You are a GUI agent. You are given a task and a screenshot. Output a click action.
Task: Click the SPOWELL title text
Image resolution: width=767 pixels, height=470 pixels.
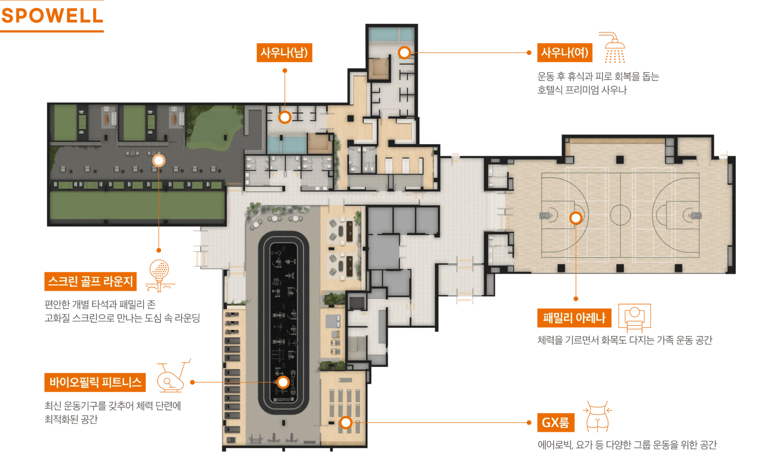[52, 16]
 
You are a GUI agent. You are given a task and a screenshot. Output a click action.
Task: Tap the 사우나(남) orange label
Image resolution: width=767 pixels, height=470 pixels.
[284, 52]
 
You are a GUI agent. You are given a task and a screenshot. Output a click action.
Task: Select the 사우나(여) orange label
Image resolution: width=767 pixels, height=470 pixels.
[565, 52]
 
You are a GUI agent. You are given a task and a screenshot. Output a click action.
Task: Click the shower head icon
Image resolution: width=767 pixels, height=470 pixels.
[613, 47]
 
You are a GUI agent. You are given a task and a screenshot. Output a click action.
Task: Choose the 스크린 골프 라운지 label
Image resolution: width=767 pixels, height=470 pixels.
[90, 281]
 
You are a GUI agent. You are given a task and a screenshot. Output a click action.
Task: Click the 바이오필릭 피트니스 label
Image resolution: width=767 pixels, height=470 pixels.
[95, 382]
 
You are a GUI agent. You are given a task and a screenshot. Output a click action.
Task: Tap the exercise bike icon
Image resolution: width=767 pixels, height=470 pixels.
[173, 376]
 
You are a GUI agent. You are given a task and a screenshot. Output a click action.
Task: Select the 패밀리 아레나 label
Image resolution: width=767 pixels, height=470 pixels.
[574, 318]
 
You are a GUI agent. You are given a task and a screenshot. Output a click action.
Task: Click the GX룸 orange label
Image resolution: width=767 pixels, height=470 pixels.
[556, 422]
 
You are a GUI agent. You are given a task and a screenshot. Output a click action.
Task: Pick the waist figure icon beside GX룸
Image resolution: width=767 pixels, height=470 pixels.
[597, 417]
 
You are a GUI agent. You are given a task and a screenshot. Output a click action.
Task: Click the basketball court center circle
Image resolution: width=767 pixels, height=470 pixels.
[620, 214]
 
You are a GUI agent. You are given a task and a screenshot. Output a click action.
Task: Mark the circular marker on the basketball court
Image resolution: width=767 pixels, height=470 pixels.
[576, 218]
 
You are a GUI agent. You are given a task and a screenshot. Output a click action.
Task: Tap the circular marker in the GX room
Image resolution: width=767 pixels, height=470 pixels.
[346, 422]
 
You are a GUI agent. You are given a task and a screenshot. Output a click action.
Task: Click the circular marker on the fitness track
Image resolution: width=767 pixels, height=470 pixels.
[283, 382]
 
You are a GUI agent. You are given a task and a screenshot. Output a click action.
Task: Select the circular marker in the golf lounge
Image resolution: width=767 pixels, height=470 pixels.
[159, 160]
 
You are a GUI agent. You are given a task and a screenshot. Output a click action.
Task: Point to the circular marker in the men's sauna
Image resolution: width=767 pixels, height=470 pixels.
[285, 117]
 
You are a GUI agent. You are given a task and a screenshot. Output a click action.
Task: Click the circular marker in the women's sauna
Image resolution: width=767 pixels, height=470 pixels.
[404, 52]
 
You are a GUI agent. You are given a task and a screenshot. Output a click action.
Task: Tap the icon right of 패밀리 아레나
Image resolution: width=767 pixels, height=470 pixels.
[635, 318]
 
